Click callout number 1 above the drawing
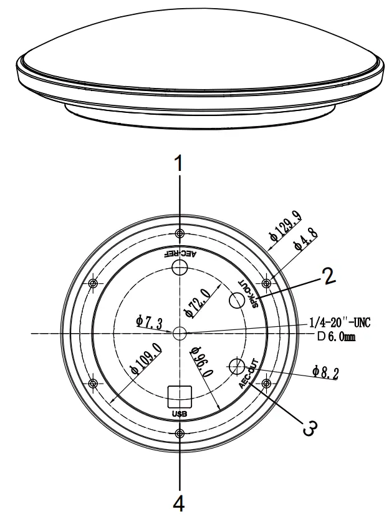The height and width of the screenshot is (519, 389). point(180,163)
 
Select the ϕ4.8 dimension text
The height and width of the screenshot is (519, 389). point(306,241)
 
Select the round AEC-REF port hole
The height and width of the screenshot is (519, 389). point(180,268)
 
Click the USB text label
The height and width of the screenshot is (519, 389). point(180,413)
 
